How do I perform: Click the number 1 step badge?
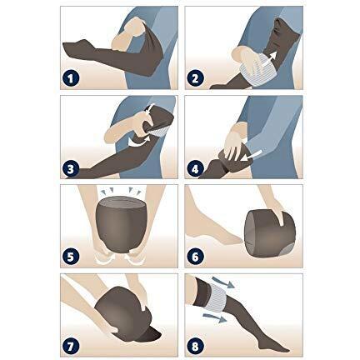[x=71, y=78]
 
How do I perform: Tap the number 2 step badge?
[x=195, y=78]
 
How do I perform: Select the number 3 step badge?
[x=71, y=168]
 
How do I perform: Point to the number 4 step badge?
[x=195, y=168]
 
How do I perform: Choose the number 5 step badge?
[x=71, y=257]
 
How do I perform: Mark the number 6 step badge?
[x=195, y=257]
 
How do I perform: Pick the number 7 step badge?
[x=71, y=346]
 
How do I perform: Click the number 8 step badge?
[x=195, y=346]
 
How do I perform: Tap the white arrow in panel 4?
[x=252, y=156]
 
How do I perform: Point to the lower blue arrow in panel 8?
[x=215, y=317]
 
